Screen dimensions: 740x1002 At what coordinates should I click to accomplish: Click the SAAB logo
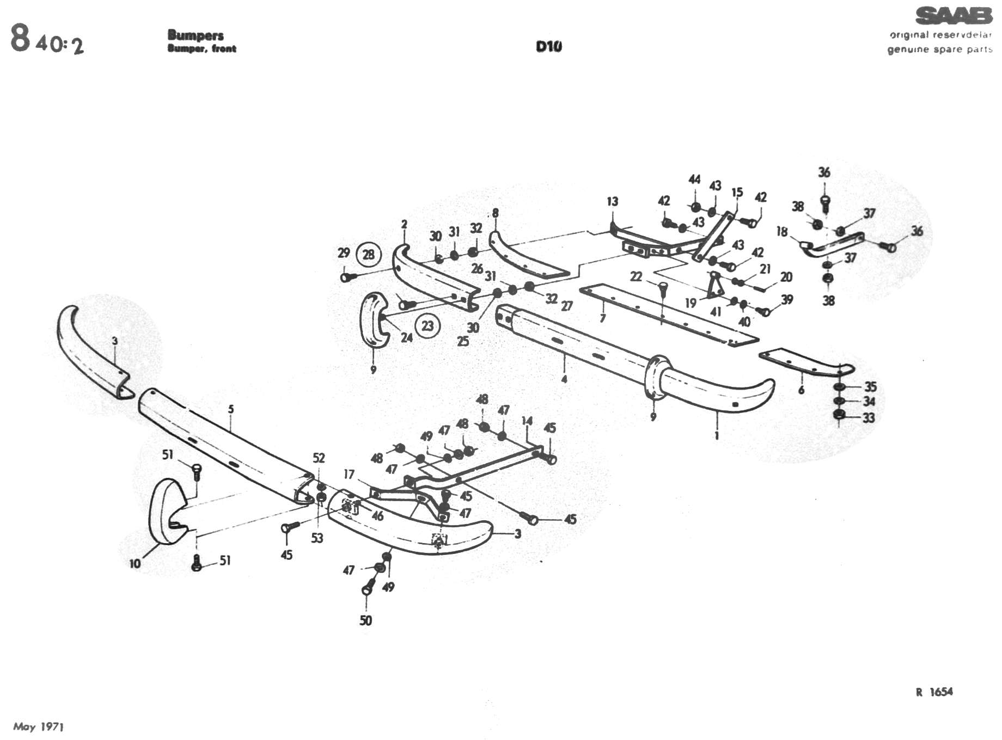coord(953,16)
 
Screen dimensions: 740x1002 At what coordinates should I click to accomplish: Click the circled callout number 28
coord(369,255)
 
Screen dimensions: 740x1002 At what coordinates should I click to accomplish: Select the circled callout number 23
coord(427,326)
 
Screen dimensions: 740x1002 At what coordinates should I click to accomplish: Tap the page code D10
coord(548,47)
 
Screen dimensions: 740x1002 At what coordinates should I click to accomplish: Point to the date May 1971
coord(39,726)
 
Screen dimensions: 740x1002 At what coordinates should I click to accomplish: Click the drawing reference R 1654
coord(934,692)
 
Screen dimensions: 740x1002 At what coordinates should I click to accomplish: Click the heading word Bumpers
coord(195,35)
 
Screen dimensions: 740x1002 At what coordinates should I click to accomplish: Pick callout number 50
coord(365,620)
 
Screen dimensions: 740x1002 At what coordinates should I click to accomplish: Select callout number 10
coord(135,564)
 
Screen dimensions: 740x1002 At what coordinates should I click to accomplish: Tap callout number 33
coord(868,418)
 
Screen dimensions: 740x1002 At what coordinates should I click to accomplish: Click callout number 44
coord(694,180)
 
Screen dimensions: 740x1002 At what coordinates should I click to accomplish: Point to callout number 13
coord(613,201)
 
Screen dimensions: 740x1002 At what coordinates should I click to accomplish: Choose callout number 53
coord(317,538)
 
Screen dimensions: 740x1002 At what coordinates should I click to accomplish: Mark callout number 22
coord(636,277)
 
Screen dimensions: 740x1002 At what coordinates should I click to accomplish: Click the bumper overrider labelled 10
coord(166,511)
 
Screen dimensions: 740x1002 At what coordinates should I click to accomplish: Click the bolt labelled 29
coord(347,277)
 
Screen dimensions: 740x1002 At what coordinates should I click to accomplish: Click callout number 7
coord(602,318)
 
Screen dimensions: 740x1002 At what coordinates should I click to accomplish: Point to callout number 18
coord(782,232)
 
